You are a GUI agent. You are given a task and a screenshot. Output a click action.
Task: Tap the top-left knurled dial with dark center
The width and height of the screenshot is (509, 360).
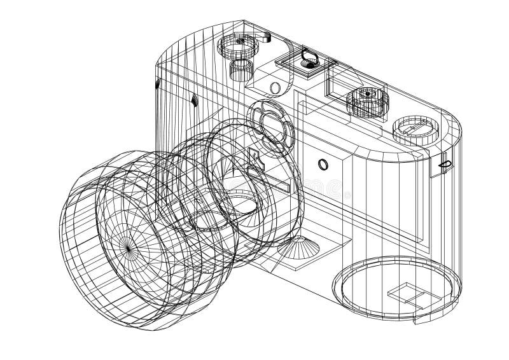[x=241, y=43]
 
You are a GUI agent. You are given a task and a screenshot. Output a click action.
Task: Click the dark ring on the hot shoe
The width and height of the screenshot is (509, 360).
[x=309, y=59]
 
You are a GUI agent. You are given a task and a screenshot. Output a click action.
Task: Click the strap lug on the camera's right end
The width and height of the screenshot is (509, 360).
[x=445, y=164]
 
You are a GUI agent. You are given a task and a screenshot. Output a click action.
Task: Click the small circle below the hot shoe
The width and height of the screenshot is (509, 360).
[x=275, y=87]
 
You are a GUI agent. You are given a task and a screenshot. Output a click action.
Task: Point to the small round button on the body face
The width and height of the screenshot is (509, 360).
[x=323, y=165]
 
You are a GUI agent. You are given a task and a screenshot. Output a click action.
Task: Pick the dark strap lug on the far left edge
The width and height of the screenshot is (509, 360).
[x=157, y=84]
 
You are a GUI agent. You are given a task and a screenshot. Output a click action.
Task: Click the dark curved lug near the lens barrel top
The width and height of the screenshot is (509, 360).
[x=195, y=99]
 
